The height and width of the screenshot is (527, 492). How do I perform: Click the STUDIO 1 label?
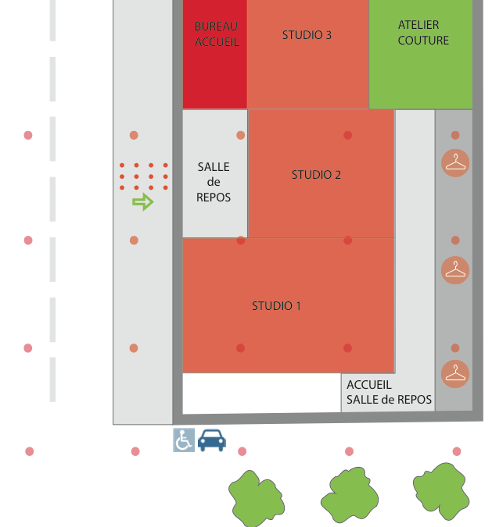coord(276,306)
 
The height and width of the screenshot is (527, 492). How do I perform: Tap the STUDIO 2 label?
coord(316,175)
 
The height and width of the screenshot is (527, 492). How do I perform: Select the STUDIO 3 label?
coord(307,35)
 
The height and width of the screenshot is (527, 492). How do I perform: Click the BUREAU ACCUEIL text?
coord(216,34)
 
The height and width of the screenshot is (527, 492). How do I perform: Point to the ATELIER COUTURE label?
coord(423,33)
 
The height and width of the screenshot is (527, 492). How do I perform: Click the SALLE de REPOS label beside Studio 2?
coord(214,182)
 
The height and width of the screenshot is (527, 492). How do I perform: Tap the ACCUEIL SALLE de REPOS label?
coord(389,392)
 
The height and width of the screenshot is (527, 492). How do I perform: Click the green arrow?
coord(142,202)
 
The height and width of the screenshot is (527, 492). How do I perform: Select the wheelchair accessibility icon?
coord(184,440)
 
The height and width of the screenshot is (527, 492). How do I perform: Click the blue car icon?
coord(212,440)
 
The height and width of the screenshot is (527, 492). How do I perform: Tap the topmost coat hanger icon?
coord(455,162)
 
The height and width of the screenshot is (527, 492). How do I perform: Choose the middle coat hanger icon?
coord(455,270)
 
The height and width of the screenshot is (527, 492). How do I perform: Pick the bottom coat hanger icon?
coord(455,373)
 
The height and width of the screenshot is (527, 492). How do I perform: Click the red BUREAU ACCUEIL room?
coord(215,78)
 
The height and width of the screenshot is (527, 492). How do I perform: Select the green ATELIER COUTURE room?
coord(421,78)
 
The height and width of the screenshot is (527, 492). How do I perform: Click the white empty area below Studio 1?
coord(261,392)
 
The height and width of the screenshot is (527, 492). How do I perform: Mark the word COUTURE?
coord(423,41)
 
